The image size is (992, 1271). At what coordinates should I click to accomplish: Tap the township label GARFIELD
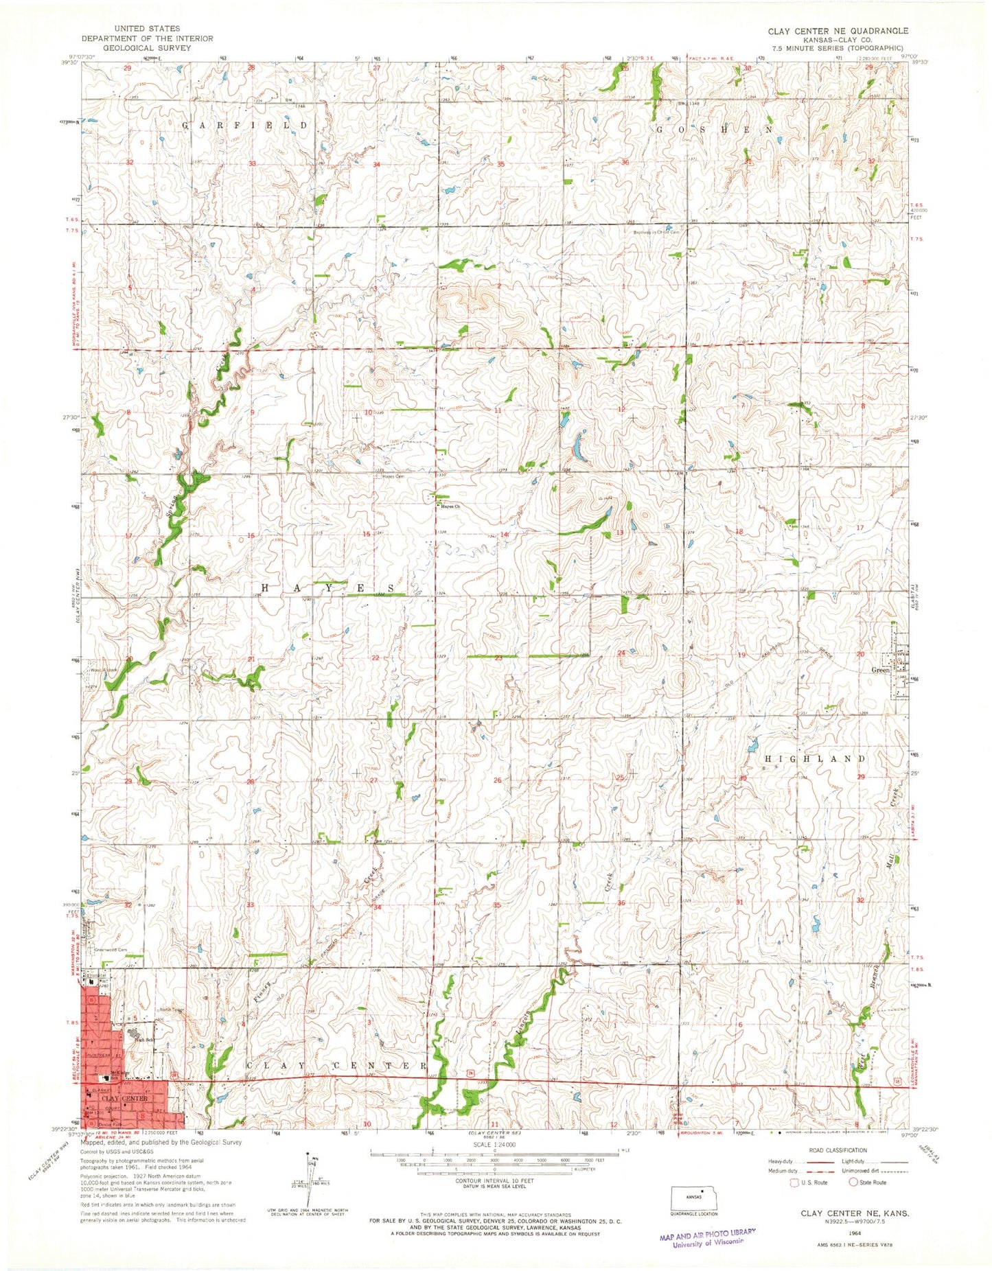click(244, 126)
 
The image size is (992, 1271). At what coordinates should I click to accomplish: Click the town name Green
click(880, 670)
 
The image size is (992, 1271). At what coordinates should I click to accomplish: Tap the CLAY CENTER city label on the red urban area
click(124, 1099)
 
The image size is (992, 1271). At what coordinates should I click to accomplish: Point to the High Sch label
click(143, 1040)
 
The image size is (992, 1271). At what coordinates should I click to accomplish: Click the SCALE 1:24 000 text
click(494, 1145)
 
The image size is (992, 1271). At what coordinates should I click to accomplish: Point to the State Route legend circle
click(855, 1182)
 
